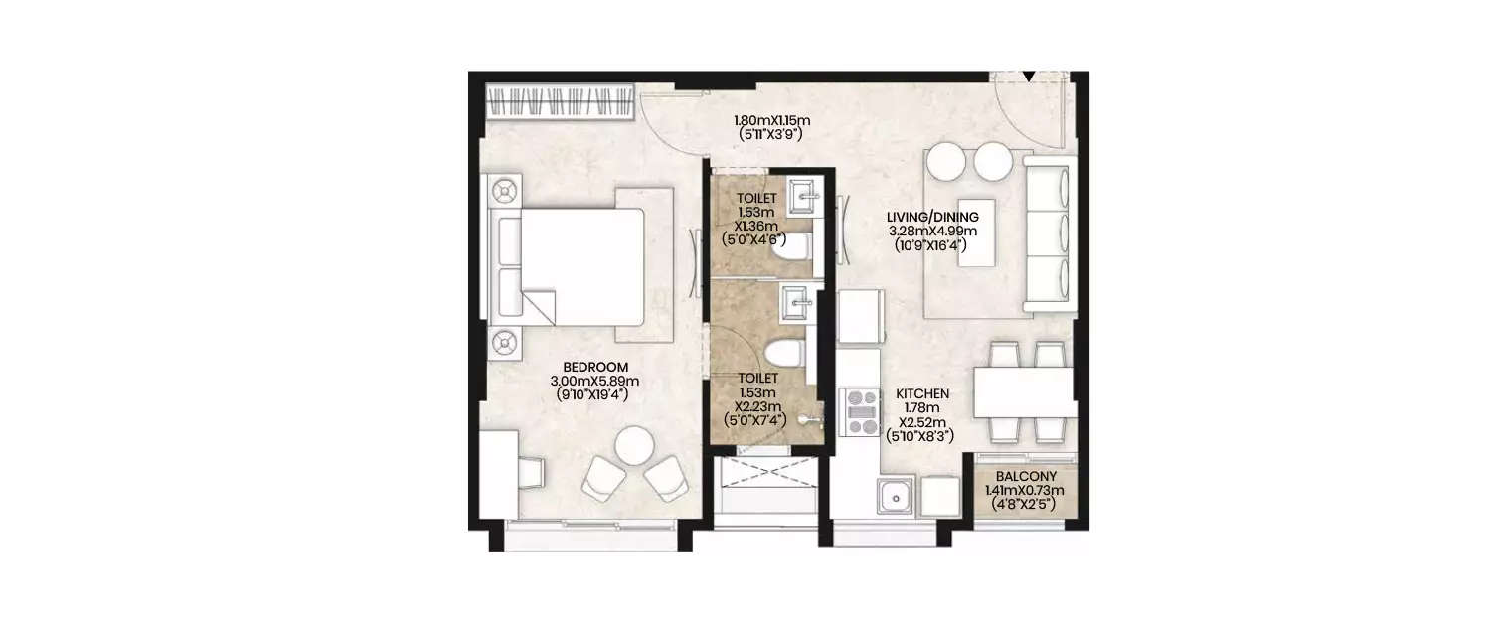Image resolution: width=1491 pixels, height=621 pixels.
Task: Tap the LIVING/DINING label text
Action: [x=933, y=217]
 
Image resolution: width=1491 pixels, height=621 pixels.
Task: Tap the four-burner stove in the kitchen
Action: [x=860, y=410]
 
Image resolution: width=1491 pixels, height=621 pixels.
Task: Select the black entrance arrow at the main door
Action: [x=1029, y=77]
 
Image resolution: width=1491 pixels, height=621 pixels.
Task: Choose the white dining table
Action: [x=1023, y=392]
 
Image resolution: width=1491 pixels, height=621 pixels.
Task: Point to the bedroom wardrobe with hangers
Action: [x=560, y=102]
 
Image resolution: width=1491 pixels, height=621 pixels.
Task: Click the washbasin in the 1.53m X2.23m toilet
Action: [x=797, y=302]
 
